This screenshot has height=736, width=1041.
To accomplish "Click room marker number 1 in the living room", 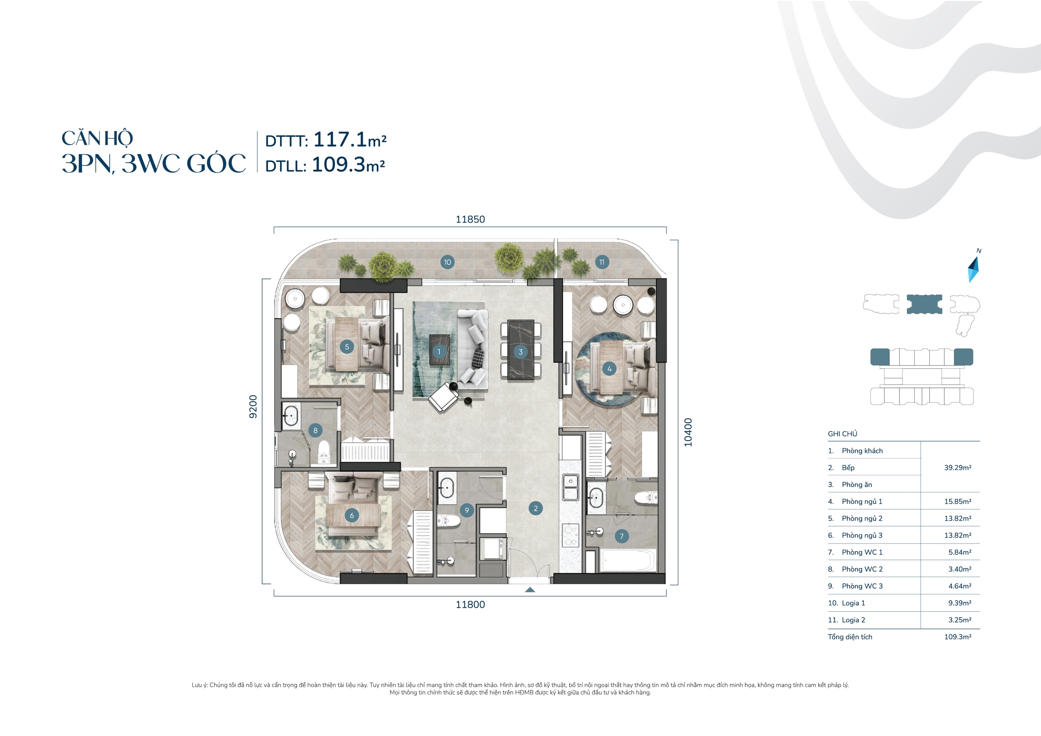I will click(439, 351).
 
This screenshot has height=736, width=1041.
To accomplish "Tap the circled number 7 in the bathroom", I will click(622, 536).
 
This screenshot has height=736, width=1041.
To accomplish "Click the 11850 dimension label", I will click(470, 219).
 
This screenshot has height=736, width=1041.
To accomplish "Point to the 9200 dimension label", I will click(253, 406).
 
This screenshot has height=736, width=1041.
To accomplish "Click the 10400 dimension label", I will click(688, 432).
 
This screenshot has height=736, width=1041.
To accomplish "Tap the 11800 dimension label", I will click(470, 604).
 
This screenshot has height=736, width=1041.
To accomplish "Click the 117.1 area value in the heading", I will click(339, 140).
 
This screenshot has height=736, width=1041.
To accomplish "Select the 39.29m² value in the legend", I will click(957, 468).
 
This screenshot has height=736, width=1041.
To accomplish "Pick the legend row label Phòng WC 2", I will click(862, 569).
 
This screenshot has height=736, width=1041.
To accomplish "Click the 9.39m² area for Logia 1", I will click(959, 603).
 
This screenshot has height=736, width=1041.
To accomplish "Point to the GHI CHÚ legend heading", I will click(842, 434).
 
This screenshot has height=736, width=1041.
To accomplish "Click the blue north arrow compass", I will click(973, 269).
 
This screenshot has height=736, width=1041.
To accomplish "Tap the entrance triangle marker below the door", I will click(529, 590).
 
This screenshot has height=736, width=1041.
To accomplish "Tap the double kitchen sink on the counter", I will click(570, 487).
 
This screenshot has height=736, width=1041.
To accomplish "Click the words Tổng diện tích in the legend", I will click(850, 637).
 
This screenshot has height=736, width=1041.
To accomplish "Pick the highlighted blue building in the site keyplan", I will click(924, 304).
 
